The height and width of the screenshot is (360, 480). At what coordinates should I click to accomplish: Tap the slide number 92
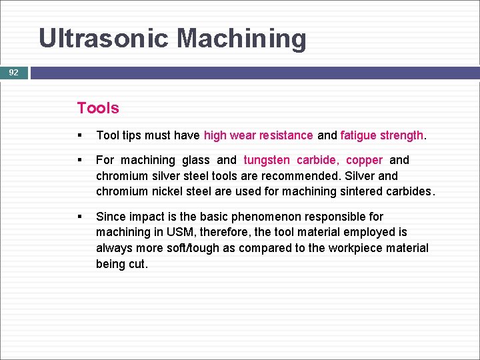[x=13, y=73]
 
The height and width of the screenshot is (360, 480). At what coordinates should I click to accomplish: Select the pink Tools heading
[x=98, y=108]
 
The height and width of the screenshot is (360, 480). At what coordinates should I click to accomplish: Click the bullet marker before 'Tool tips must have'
[x=80, y=136]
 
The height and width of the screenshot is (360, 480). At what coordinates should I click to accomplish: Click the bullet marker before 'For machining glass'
[x=80, y=161]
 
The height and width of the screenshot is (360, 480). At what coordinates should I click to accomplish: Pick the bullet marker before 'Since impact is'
[x=80, y=217]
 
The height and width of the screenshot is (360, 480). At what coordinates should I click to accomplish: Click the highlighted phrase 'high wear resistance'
[x=258, y=135]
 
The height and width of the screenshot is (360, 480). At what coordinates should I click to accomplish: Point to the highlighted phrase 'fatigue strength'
[x=381, y=135]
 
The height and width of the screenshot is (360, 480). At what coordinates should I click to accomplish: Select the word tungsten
[x=267, y=160]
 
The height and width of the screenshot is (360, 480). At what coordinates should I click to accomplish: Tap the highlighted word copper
[x=364, y=160]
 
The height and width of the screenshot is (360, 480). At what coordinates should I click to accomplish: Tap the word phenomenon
[x=265, y=217]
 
